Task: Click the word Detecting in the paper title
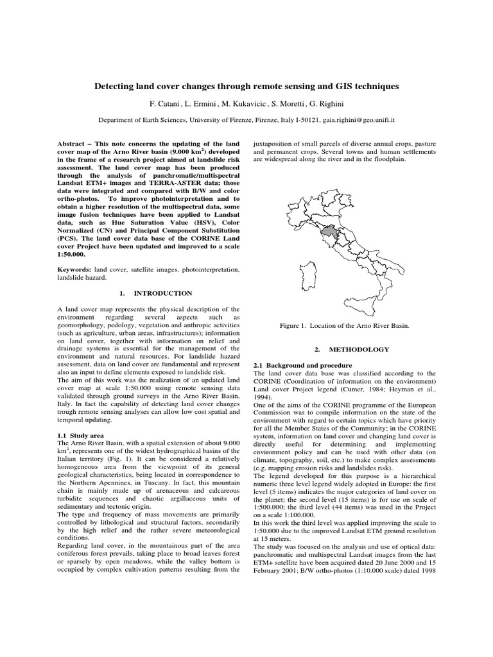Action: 117,85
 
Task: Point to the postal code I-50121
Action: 297,119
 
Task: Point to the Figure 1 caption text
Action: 345,326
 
